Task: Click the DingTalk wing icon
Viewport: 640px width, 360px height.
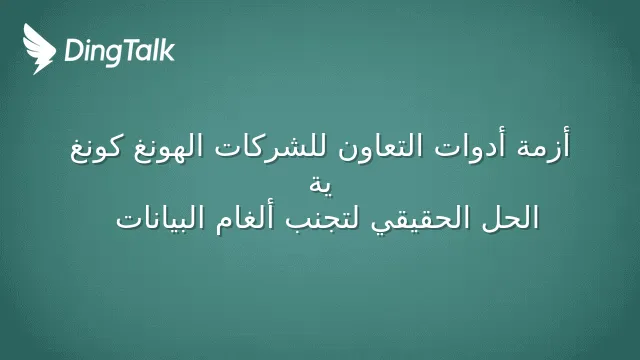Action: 39,49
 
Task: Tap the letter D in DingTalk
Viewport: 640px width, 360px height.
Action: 73,50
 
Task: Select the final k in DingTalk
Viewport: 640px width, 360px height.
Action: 167,50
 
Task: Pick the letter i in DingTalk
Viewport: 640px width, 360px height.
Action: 88,50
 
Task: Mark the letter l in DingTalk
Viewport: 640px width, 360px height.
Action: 155,50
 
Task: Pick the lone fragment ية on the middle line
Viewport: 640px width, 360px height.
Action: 320,186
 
